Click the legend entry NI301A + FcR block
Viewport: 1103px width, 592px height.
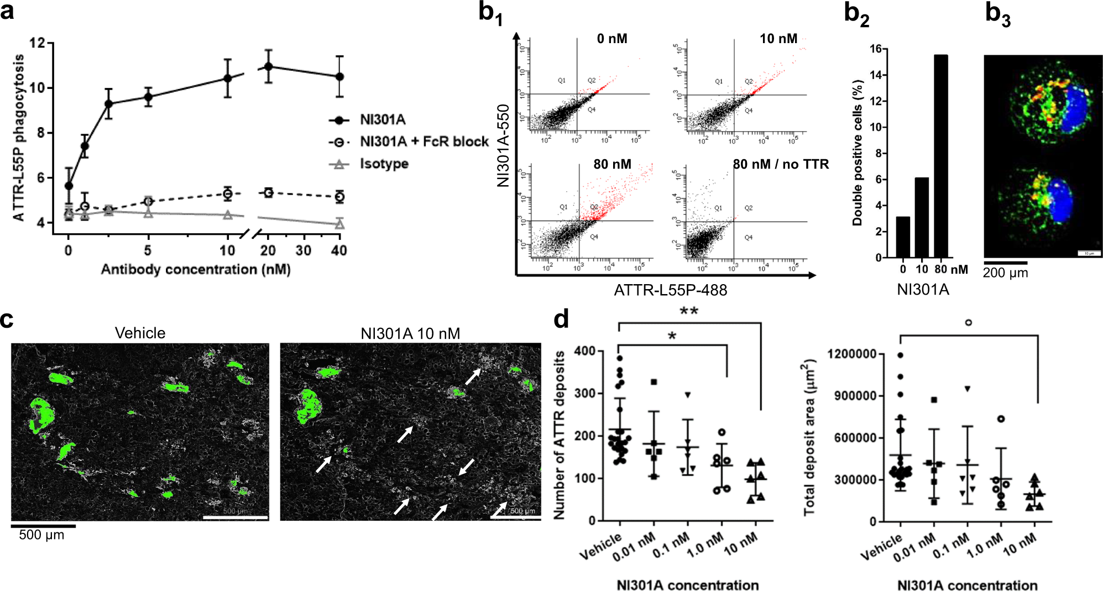tap(424, 142)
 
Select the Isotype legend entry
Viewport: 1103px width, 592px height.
tap(384, 164)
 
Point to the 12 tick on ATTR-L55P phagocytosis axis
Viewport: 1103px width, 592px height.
tap(37, 43)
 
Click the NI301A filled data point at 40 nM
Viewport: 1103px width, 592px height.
tap(339, 77)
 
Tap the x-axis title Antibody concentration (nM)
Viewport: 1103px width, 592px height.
tap(195, 269)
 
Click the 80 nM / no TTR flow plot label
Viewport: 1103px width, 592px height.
tap(781, 164)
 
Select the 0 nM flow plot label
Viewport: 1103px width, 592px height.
tap(612, 39)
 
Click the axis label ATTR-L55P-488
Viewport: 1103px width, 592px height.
tap(670, 290)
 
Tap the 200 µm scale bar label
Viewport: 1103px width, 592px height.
tap(1005, 273)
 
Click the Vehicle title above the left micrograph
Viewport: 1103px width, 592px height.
tap(140, 333)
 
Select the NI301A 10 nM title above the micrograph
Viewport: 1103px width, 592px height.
tap(410, 333)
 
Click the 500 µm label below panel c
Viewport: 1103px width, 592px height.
tap(41, 535)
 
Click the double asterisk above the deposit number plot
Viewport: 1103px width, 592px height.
tap(688, 311)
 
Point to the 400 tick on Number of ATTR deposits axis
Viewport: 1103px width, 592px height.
tap(584, 351)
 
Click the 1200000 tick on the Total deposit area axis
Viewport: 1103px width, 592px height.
tap(851, 354)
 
